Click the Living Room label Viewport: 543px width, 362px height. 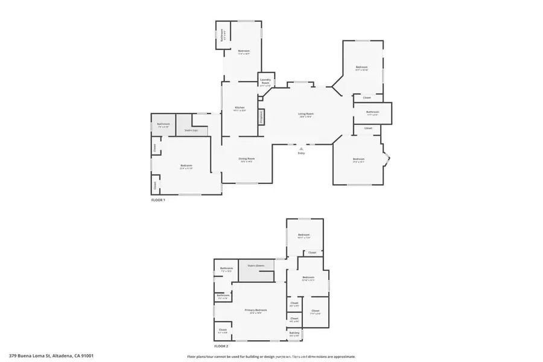tap(305, 114)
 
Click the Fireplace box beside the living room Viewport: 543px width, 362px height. tap(262, 116)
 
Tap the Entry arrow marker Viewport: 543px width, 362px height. tap(301, 148)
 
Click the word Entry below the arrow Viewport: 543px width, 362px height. tap(301, 153)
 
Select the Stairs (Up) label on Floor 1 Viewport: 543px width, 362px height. tap(192, 130)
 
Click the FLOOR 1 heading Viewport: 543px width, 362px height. tap(158, 199)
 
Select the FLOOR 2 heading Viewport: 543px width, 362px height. tap(221, 346)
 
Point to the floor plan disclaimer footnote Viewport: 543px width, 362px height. tap(271, 357)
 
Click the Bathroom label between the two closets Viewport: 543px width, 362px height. tap(372, 112)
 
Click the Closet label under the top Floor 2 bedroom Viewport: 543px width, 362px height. tap(312, 252)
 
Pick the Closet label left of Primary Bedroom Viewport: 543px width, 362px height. tap(223, 330)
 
